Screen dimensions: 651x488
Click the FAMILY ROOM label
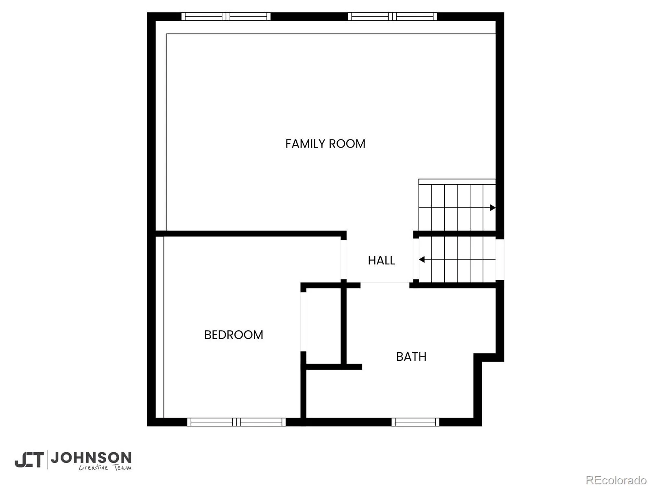pyautogui.click(x=325, y=144)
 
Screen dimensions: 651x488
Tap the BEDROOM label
pyautogui.click(x=234, y=335)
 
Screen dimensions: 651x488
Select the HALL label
pyautogui.click(x=381, y=260)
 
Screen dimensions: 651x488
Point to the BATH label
pyautogui.click(x=411, y=357)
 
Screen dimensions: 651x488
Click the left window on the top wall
pyautogui.click(x=226, y=17)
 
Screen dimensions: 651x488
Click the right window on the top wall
pyautogui.click(x=392, y=17)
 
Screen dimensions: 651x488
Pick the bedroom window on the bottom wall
pyautogui.click(x=236, y=422)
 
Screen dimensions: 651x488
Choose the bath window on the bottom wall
pyautogui.click(x=415, y=422)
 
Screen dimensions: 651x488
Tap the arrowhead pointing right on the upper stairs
pyautogui.click(x=492, y=208)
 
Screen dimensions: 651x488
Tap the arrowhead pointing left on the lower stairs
pyautogui.click(x=422, y=259)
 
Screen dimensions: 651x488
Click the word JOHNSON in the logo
pyautogui.click(x=91, y=458)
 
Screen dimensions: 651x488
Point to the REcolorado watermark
pyautogui.click(x=616, y=479)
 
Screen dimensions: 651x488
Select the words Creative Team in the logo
pyautogui.click(x=105, y=467)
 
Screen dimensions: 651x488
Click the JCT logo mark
pyautogui.click(x=29, y=460)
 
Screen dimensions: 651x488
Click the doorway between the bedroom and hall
pyautogui.click(x=343, y=259)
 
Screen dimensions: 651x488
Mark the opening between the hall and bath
pyautogui.click(x=385, y=285)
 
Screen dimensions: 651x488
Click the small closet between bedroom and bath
pyautogui.click(x=323, y=326)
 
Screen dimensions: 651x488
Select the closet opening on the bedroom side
pyautogui.click(x=304, y=322)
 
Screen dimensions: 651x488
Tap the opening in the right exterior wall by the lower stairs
pyautogui.click(x=500, y=259)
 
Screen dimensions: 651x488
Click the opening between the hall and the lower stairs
pyautogui.click(x=416, y=259)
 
